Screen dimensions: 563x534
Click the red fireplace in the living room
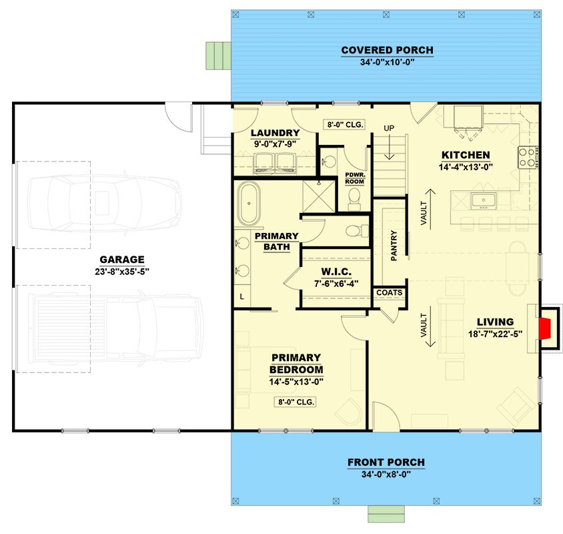click(544, 328)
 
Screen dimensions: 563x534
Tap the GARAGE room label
click(122, 260)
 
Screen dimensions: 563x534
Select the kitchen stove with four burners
click(528, 158)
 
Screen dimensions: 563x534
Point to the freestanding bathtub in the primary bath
click(249, 204)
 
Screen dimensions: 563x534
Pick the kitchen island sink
click(484, 201)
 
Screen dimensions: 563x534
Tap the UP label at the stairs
click(389, 128)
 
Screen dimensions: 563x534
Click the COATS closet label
click(389, 293)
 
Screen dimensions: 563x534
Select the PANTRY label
click(394, 246)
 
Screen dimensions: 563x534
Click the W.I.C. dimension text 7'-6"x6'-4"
click(336, 284)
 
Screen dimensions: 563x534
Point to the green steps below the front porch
click(386, 514)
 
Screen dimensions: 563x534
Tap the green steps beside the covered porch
click(218, 55)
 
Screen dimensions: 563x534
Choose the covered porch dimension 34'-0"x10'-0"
click(388, 62)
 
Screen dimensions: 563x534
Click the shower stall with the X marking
click(318, 196)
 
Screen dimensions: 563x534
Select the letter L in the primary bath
click(242, 297)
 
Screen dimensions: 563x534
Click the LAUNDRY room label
click(275, 133)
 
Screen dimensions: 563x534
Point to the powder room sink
click(328, 162)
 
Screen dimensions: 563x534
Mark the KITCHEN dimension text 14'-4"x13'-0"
click(466, 167)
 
